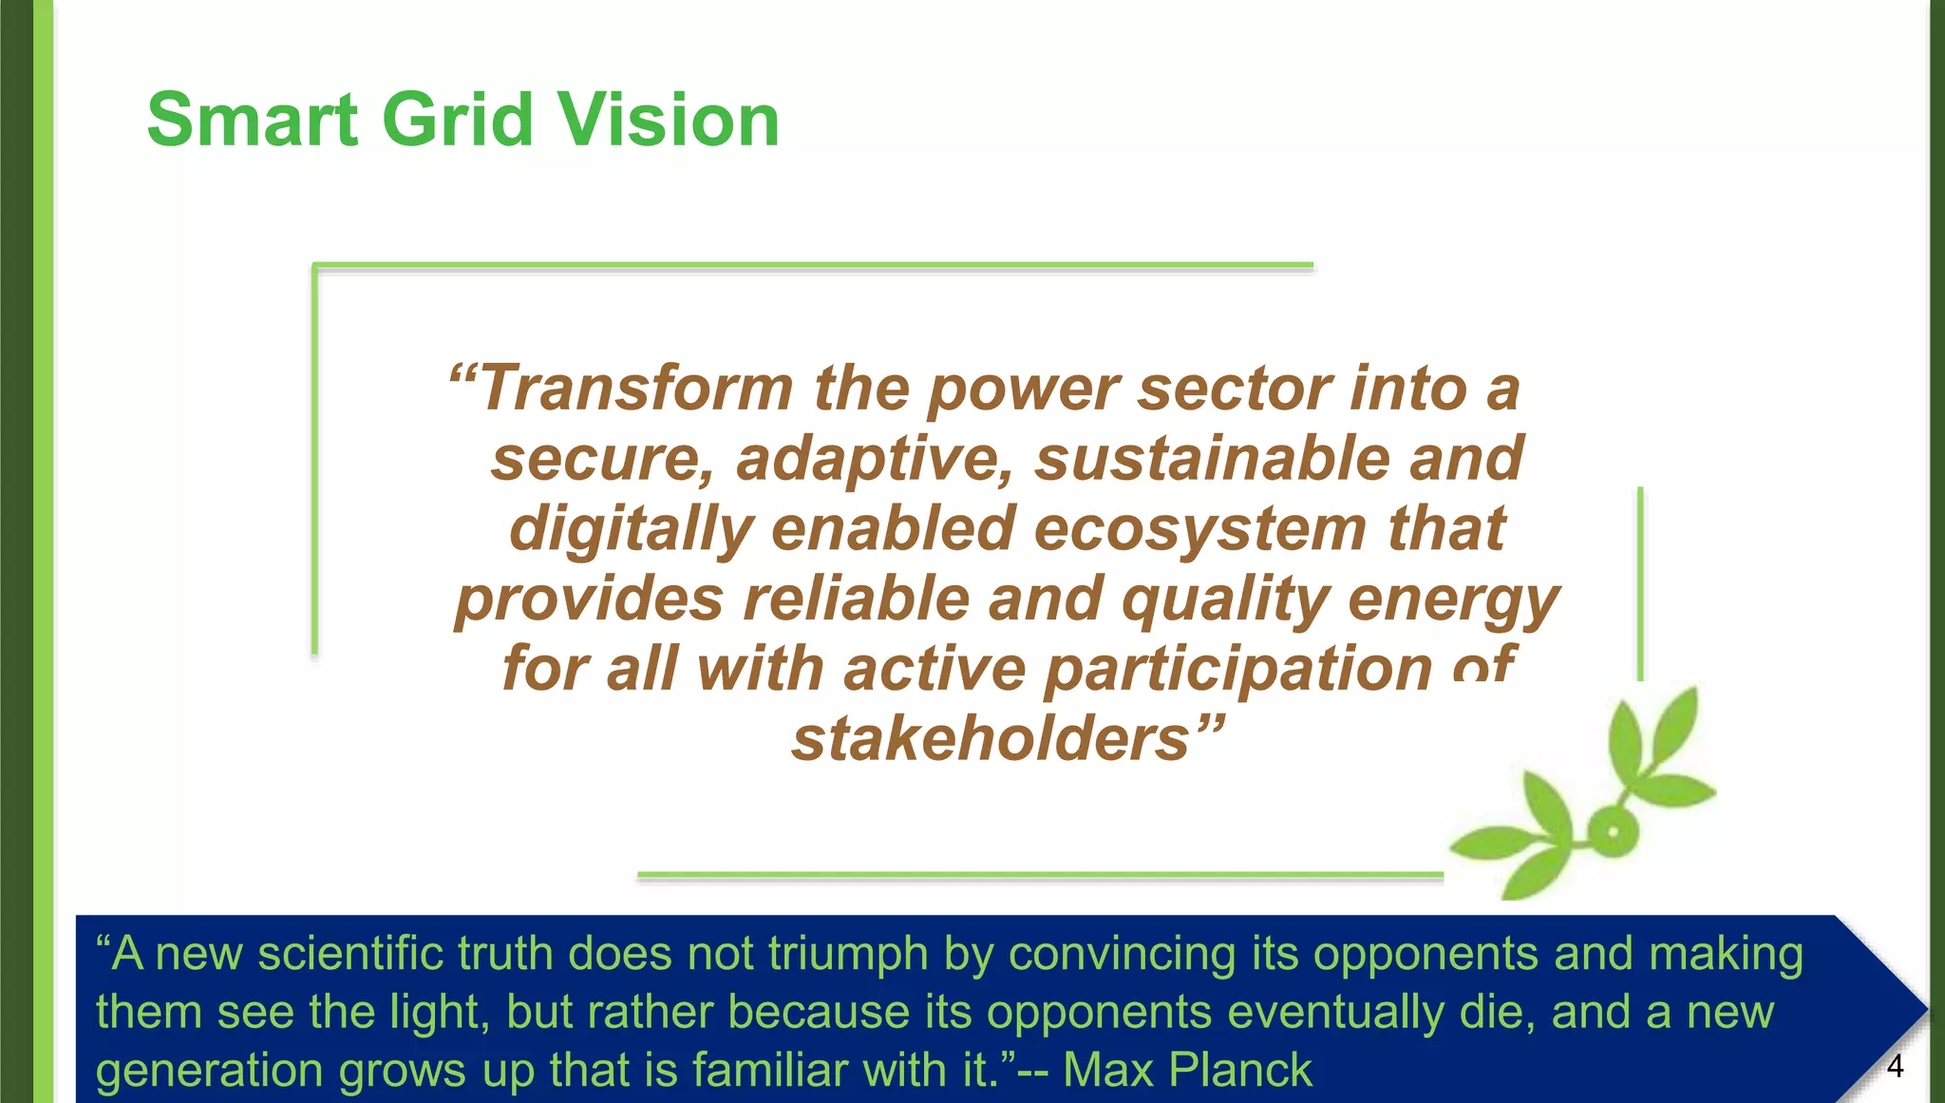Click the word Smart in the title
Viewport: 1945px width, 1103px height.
[x=253, y=121]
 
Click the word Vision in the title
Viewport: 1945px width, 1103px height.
[x=668, y=121]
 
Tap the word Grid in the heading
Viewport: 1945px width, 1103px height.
[x=457, y=121]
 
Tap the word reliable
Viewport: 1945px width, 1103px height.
[x=856, y=599]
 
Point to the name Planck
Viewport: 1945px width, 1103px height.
[x=1239, y=1070]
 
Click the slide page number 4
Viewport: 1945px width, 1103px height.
[x=1895, y=1067]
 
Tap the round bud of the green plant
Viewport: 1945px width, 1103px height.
[x=1612, y=833]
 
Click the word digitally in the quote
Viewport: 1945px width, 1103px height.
[x=631, y=530]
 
